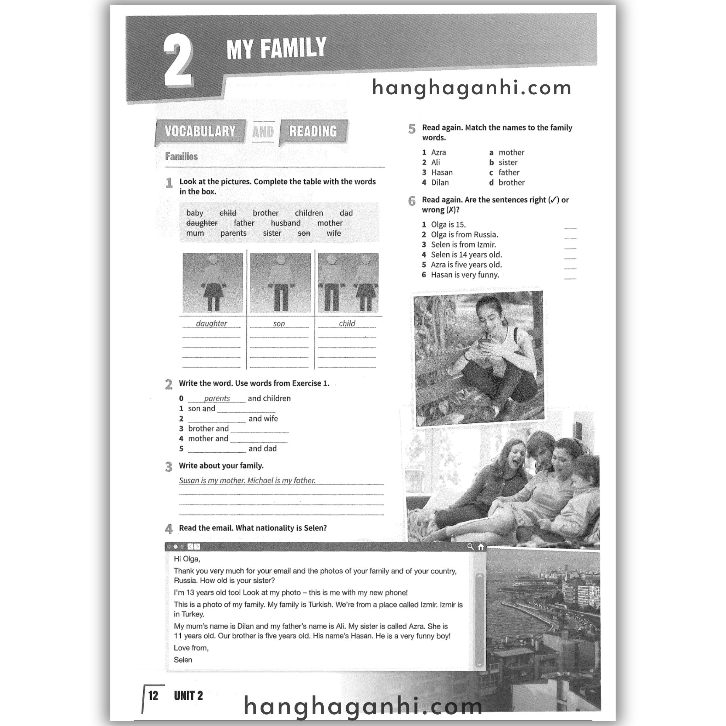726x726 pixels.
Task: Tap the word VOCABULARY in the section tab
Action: [x=200, y=131]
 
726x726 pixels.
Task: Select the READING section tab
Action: [x=313, y=131]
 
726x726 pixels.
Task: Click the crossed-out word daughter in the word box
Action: [x=202, y=223]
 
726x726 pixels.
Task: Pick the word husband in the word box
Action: [x=286, y=223]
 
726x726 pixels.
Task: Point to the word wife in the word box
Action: [x=334, y=233]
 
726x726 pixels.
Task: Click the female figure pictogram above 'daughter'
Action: [x=213, y=283]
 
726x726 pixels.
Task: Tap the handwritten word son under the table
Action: [x=279, y=324]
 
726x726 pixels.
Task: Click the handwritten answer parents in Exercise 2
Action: [x=217, y=398]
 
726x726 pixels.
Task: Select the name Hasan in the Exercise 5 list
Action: [x=442, y=173]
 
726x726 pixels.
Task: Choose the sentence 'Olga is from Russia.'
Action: [x=464, y=234]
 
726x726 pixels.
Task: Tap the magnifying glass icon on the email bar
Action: [x=470, y=547]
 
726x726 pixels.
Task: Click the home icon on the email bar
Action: [x=481, y=547]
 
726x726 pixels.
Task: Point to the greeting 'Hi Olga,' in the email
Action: [x=187, y=559]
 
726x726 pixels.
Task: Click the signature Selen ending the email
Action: [x=183, y=659]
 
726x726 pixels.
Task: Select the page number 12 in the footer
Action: [x=153, y=696]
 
